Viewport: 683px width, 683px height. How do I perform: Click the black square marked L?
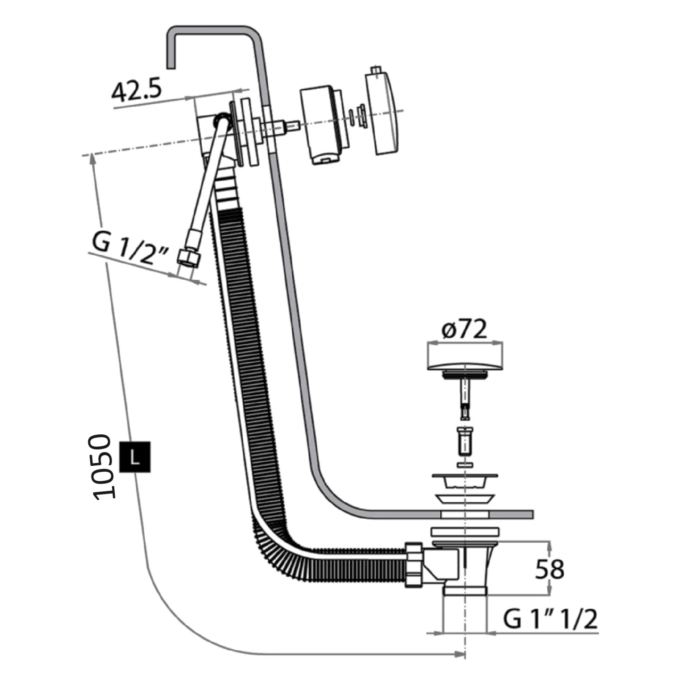click(x=134, y=457)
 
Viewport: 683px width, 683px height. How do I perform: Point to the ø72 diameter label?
click(x=464, y=329)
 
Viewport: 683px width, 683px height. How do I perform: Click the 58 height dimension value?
click(x=550, y=569)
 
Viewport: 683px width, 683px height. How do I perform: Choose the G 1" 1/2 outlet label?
click(x=550, y=619)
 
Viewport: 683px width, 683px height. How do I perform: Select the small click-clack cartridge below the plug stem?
click(x=464, y=441)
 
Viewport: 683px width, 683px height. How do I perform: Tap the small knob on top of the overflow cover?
click(x=375, y=70)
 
